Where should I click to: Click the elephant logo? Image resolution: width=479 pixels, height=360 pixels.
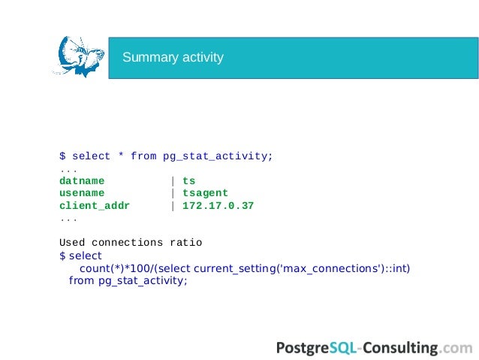click(x=78, y=56)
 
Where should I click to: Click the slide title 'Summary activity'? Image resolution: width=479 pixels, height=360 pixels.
click(x=173, y=58)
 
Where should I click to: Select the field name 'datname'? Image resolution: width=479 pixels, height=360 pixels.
click(x=82, y=181)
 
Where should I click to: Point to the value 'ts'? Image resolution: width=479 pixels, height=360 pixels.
click(x=188, y=181)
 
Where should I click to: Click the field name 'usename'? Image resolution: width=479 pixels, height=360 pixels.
click(x=82, y=193)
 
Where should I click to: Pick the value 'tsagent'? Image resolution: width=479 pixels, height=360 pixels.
click(x=205, y=193)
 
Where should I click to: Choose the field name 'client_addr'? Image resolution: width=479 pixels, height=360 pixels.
click(x=95, y=205)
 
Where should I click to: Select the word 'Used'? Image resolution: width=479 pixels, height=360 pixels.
click(x=72, y=243)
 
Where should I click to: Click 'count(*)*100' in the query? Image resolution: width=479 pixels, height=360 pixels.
click(x=111, y=268)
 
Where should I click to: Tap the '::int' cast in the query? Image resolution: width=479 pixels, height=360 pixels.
click(x=396, y=268)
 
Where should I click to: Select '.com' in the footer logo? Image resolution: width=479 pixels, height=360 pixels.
click(x=457, y=347)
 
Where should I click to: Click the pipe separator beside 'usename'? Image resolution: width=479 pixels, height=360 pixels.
click(x=173, y=193)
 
